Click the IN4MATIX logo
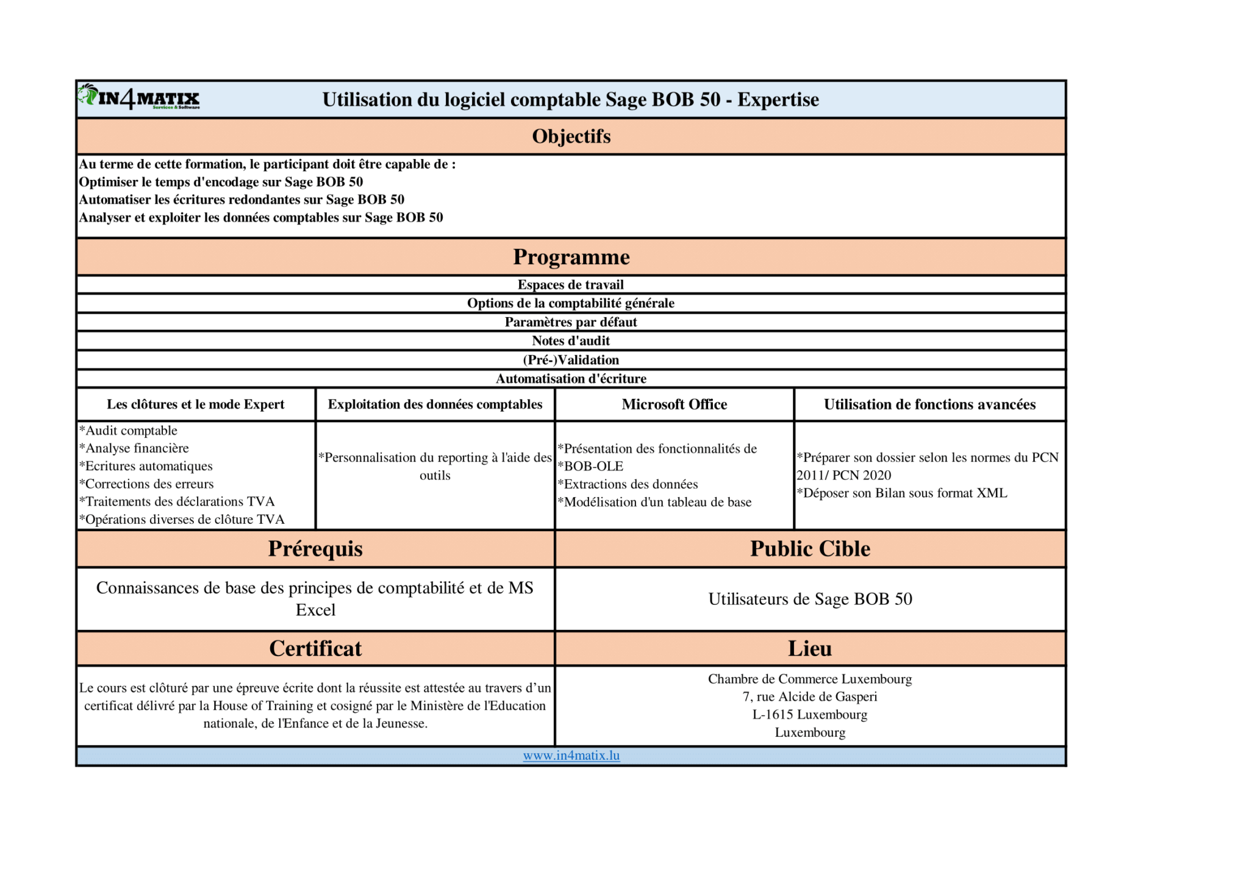[139, 98]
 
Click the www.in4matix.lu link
[571, 755]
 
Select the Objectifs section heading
[571, 136]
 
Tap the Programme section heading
[571, 257]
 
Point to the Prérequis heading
[315, 548]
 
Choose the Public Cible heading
[810, 548]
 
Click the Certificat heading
[315, 648]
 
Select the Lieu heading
[810, 648]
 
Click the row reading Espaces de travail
[571, 285]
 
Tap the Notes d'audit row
[571, 341]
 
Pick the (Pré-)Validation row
[571, 360]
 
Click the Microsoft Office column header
[675, 404]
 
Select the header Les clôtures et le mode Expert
[196, 404]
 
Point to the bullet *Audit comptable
[129, 431]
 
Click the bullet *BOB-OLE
[591, 466]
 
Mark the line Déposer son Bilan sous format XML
[902, 493]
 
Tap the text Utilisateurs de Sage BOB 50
[810, 599]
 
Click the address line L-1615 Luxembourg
[810, 714]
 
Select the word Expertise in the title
[778, 99]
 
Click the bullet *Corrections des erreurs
[147, 484]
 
